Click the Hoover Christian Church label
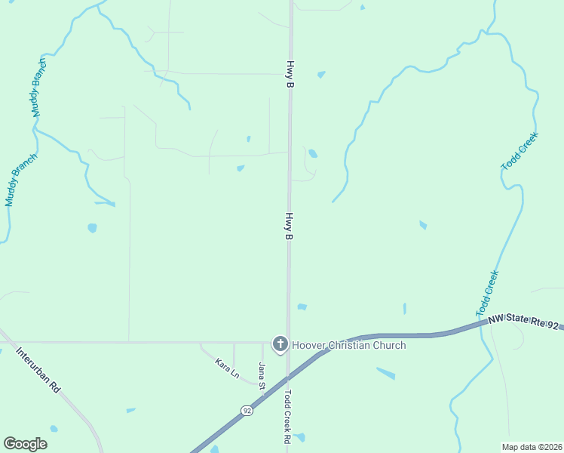(x=349, y=345)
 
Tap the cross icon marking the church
(x=280, y=345)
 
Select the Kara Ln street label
(x=227, y=369)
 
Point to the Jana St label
(x=262, y=376)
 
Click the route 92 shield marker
(x=247, y=411)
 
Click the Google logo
(x=25, y=444)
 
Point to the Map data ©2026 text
(x=532, y=447)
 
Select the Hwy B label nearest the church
(x=288, y=226)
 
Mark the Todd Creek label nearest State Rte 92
(x=488, y=294)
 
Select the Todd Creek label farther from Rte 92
(x=520, y=150)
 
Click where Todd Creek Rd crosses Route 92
(x=287, y=374)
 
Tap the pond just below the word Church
(x=385, y=373)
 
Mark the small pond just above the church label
(x=302, y=307)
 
